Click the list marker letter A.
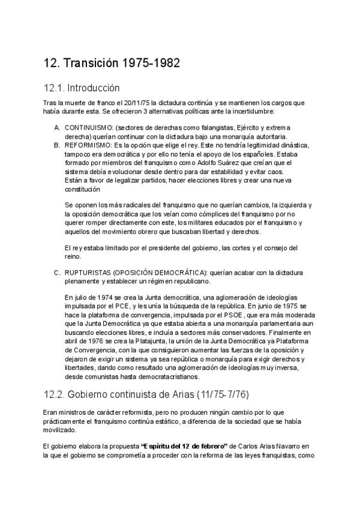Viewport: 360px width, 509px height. pos(57,128)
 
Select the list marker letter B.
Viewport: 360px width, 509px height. pos(57,145)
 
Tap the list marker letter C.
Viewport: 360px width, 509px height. pos(57,273)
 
